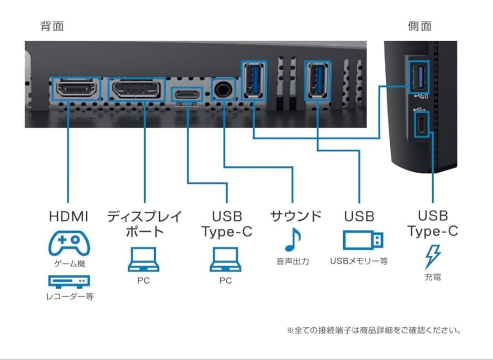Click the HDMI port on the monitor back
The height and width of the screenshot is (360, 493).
click(x=77, y=89)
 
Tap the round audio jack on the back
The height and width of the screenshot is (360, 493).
click(x=224, y=89)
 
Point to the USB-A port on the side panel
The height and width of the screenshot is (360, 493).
click(x=419, y=77)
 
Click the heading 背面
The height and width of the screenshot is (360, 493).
click(x=52, y=26)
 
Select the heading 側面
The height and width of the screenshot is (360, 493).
click(x=420, y=26)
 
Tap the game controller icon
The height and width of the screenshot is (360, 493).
click(x=69, y=244)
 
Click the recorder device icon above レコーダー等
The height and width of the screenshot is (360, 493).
click(x=69, y=281)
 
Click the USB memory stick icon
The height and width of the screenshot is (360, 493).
click(x=363, y=240)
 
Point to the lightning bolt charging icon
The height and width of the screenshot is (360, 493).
click(x=432, y=257)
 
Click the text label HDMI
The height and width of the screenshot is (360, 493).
click(x=69, y=217)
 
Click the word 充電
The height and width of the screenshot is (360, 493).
click(x=432, y=277)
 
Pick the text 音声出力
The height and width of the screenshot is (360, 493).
click(x=293, y=262)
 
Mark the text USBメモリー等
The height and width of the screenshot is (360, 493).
click(x=359, y=261)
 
